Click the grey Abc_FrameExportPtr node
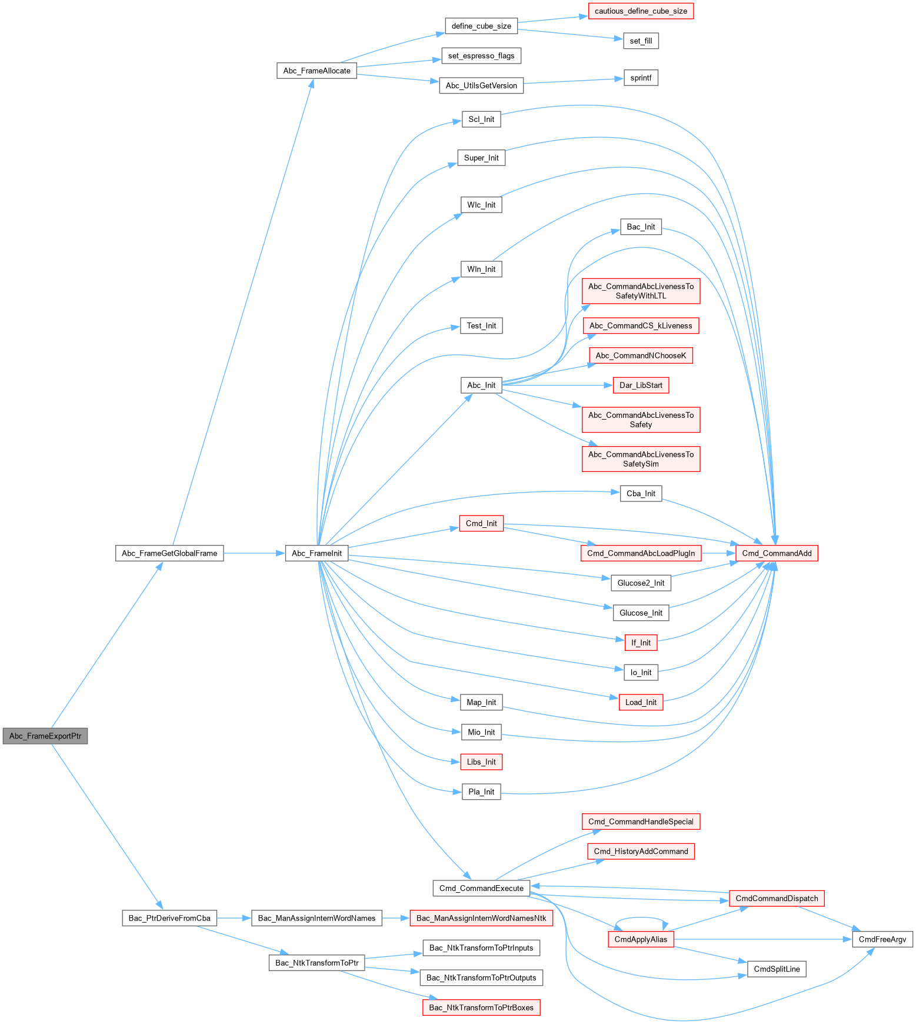(x=45, y=736)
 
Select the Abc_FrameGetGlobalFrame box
(x=169, y=553)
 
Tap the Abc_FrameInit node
(x=317, y=553)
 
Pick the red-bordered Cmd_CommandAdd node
(x=777, y=553)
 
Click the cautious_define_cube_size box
(x=641, y=11)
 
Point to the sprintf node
(x=641, y=78)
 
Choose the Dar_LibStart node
(x=641, y=385)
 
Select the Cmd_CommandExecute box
(x=481, y=888)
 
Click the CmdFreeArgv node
(x=882, y=939)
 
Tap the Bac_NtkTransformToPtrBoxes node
(x=481, y=1008)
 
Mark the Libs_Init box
(x=481, y=762)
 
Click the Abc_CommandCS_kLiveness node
(x=641, y=325)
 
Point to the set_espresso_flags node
(x=481, y=56)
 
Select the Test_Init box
(x=481, y=325)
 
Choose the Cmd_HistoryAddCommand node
(x=641, y=851)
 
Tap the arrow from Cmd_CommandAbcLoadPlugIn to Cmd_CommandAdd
(x=718, y=553)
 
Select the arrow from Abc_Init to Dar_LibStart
(x=553, y=385)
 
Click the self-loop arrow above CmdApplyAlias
(x=641, y=918)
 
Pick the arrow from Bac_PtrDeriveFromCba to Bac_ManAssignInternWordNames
(x=234, y=918)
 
